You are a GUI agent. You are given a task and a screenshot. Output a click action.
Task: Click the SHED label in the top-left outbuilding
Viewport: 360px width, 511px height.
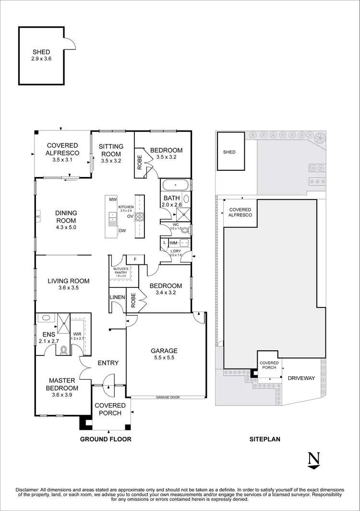click(41, 52)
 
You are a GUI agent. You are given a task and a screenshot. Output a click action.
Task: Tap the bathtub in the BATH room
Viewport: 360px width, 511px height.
click(175, 184)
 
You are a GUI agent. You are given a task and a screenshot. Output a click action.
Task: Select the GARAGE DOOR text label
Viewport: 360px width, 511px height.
click(167, 397)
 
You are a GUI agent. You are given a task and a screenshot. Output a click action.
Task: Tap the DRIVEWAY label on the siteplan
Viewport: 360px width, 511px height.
click(301, 378)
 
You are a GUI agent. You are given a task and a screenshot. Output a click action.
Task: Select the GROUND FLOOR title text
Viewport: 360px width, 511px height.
click(106, 439)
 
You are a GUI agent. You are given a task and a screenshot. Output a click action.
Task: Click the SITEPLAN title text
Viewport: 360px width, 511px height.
click(264, 439)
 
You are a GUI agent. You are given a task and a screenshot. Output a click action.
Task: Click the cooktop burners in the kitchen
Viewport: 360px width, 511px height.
click(140, 216)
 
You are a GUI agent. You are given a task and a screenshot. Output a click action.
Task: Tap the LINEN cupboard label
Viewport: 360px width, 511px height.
click(118, 297)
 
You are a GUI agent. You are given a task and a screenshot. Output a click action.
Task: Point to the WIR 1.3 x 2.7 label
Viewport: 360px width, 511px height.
click(77, 336)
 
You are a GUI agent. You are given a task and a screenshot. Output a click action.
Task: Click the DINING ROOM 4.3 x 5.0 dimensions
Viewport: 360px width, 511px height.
click(66, 227)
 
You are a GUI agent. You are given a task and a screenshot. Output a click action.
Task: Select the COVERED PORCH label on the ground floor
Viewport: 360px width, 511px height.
click(110, 409)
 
